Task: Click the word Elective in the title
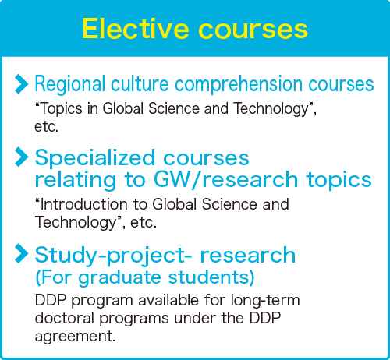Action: click(x=136, y=29)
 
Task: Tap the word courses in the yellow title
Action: click(x=253, y=30)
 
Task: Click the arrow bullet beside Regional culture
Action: click(x=21, y=84)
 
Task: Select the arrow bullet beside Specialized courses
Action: click(x=21, y=157)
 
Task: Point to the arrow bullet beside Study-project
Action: click(x=21, y=253)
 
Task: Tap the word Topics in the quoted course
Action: click(x=62, y=109)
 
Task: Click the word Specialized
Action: click(x=95, y=158)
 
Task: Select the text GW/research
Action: click(x=225, y=179)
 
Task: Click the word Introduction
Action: click(x=84, y=204)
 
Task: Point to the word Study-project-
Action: click(x=113, y=256)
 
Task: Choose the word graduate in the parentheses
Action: click(x=120, y=277)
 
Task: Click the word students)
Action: click(x=211, y=277)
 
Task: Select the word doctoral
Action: click(x=64, y=318)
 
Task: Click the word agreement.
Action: click(x=75, y=337)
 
